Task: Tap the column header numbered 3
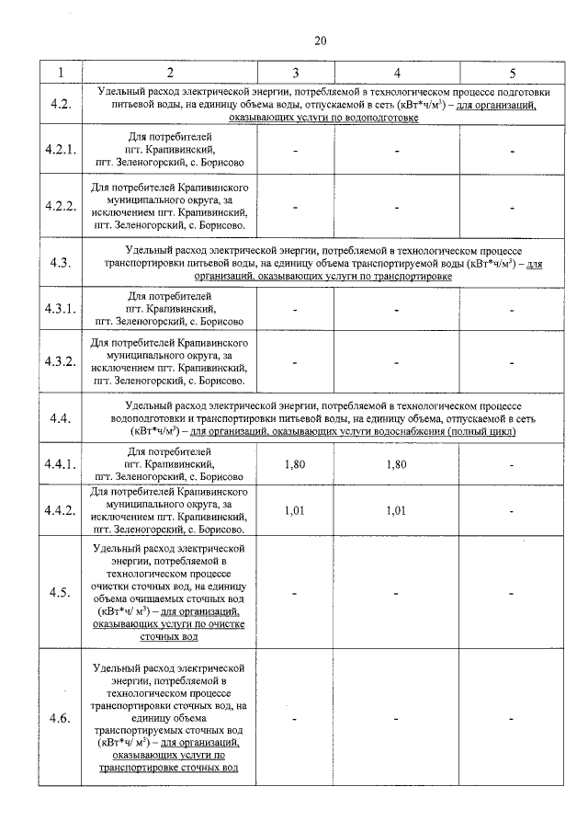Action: click(x=295, y=72)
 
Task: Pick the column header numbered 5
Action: click(x=513, y=72)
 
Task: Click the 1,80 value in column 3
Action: click(x=295, y=464)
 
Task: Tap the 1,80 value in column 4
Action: click(x=396, y=464)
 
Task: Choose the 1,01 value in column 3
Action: click(x=295, y=511)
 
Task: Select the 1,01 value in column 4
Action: click(x=396, y=511)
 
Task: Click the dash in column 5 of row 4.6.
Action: click(x=513, y=717)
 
